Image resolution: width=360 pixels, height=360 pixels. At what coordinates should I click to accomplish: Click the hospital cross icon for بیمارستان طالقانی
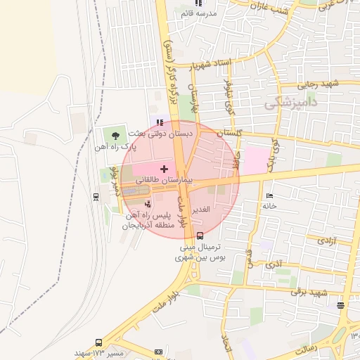pyautogui.click(x=165, y=169)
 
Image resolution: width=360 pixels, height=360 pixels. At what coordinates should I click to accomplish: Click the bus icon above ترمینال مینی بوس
pyautogui.click(x=201, y=236)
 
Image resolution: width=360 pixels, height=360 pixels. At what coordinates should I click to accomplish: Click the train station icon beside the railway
pyautogui.click(x=96, y=197)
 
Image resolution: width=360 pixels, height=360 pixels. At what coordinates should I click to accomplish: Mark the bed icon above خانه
pyautogui.click(x=269, y=195)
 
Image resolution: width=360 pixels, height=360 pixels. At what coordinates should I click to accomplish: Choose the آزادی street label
pyautogui.click(x=326, y=240)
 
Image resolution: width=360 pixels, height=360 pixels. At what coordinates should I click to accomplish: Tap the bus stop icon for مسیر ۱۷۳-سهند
pyautogui.click(x=158, y=352)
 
